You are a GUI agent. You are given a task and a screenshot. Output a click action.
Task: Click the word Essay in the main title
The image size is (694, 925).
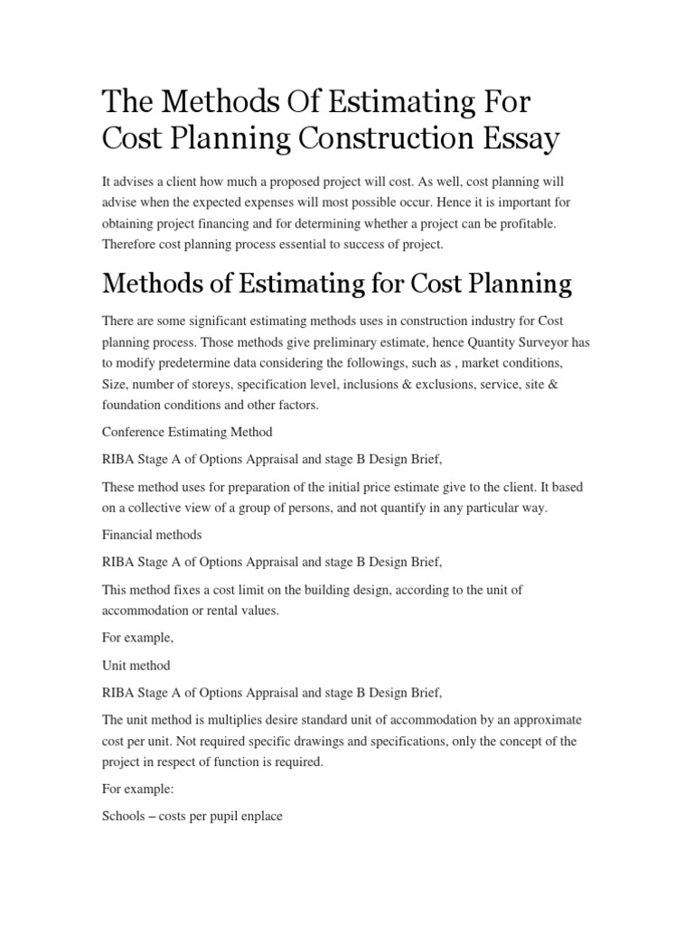click(520, 140)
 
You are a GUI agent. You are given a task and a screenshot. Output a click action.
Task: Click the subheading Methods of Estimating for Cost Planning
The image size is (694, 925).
click(337, 284)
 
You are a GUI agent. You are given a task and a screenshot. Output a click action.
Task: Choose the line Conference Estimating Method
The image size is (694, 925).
click(187, 432)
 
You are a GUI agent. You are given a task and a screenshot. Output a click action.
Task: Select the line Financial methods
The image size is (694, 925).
click(152, 535)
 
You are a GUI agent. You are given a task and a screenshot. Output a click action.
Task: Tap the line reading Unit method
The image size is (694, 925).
click(136, 664)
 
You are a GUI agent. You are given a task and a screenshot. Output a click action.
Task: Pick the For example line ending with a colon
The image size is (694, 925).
click(140, 790)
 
